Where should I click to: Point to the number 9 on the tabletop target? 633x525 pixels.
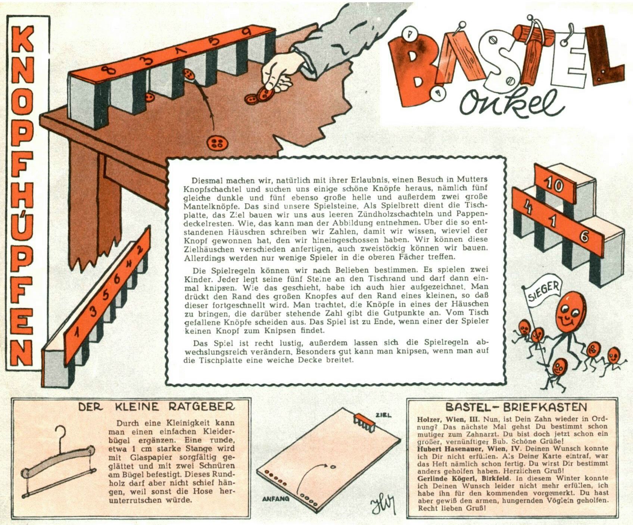[246, 32]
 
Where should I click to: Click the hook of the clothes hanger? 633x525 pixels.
[60, 434]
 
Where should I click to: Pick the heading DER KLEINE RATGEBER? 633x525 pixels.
[157, 406]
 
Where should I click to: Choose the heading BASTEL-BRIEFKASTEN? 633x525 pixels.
[517, 407]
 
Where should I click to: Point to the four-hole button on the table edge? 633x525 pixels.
[215, 143]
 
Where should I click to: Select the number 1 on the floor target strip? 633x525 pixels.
[77, 331]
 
